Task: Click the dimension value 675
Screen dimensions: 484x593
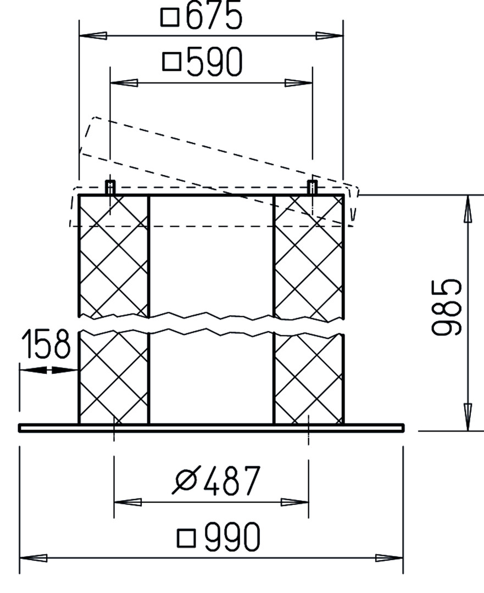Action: (214, 15)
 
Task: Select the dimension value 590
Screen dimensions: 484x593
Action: (214, 61)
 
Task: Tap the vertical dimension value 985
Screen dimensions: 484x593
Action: (447, 307)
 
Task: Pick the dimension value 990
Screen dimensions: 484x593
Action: (232, 536)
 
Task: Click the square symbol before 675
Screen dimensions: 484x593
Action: (170, 17)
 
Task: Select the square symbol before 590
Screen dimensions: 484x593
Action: (172, 61)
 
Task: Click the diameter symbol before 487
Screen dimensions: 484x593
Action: (186, 480)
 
